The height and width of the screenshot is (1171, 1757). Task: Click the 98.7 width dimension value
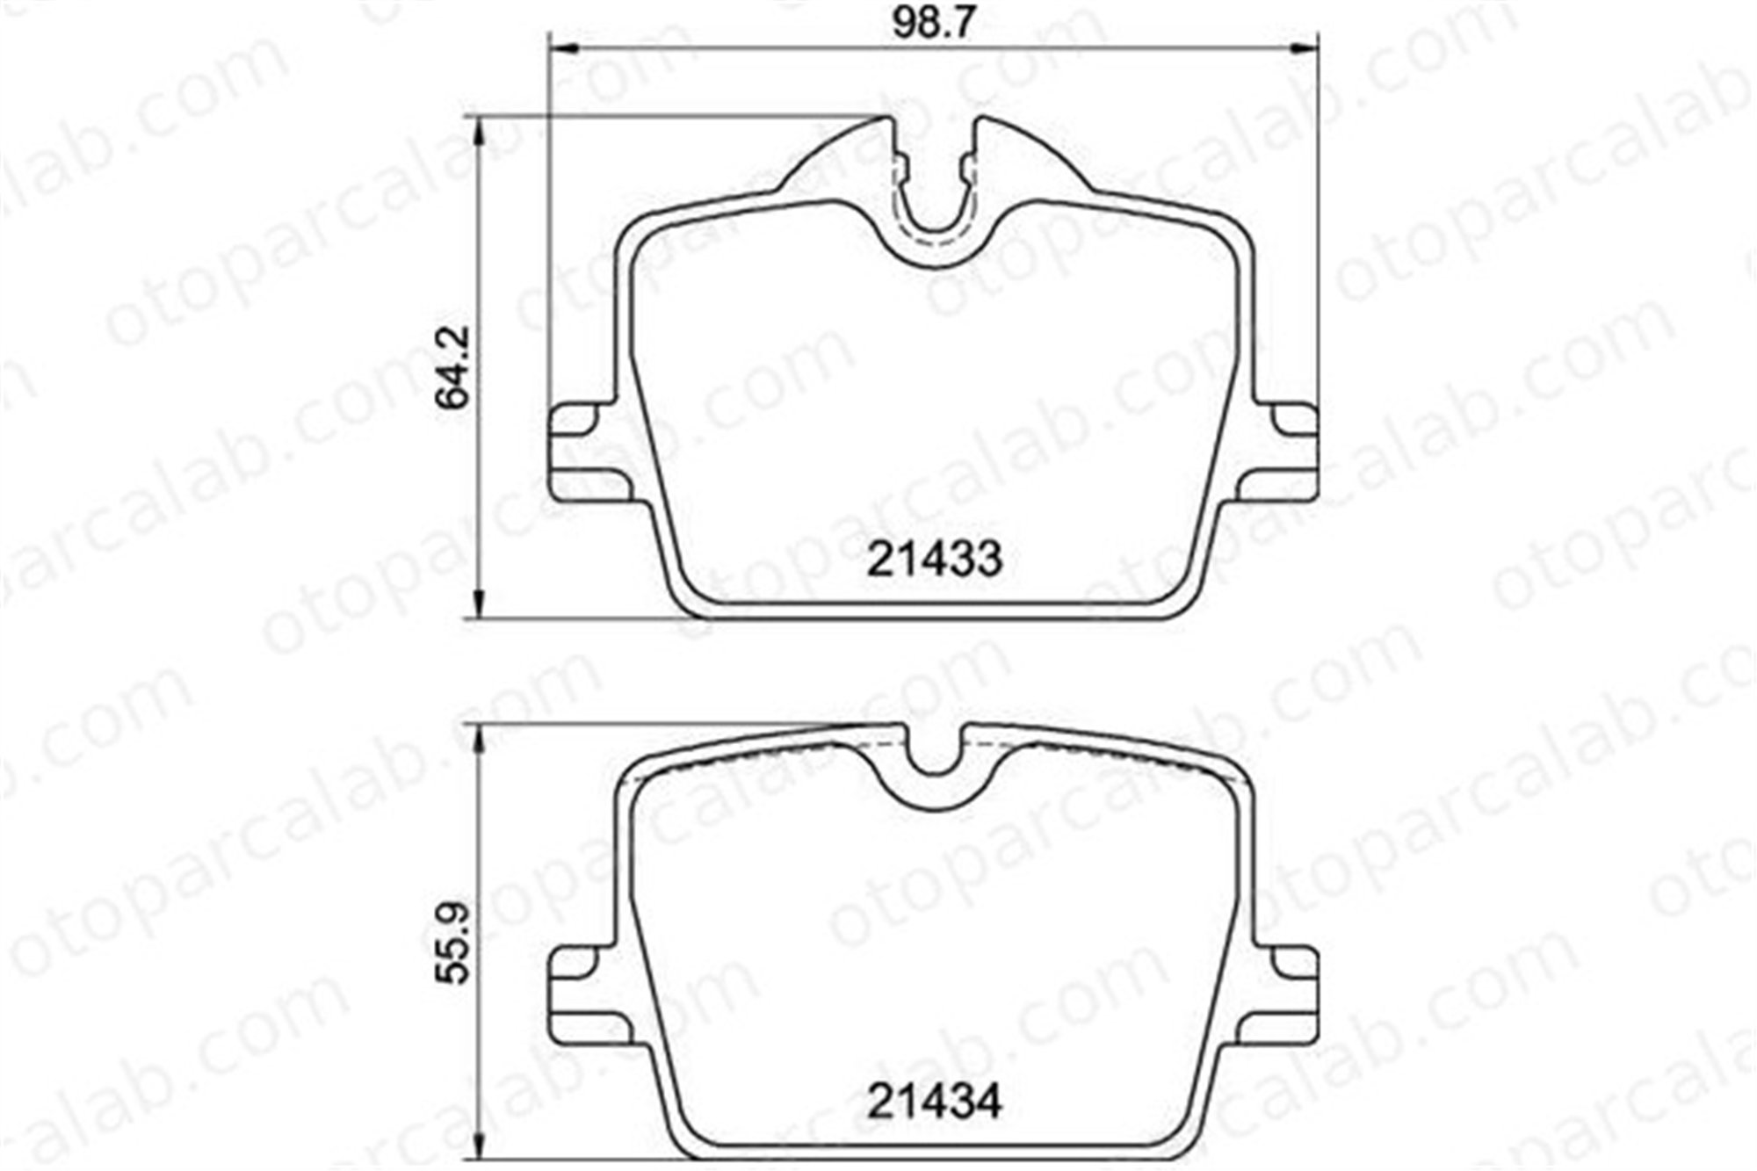pos(933,22)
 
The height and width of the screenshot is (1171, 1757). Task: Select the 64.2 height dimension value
pos(455,366)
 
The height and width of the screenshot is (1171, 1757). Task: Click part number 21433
pos(935,559)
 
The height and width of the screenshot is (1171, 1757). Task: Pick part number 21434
pos(935,1101)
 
